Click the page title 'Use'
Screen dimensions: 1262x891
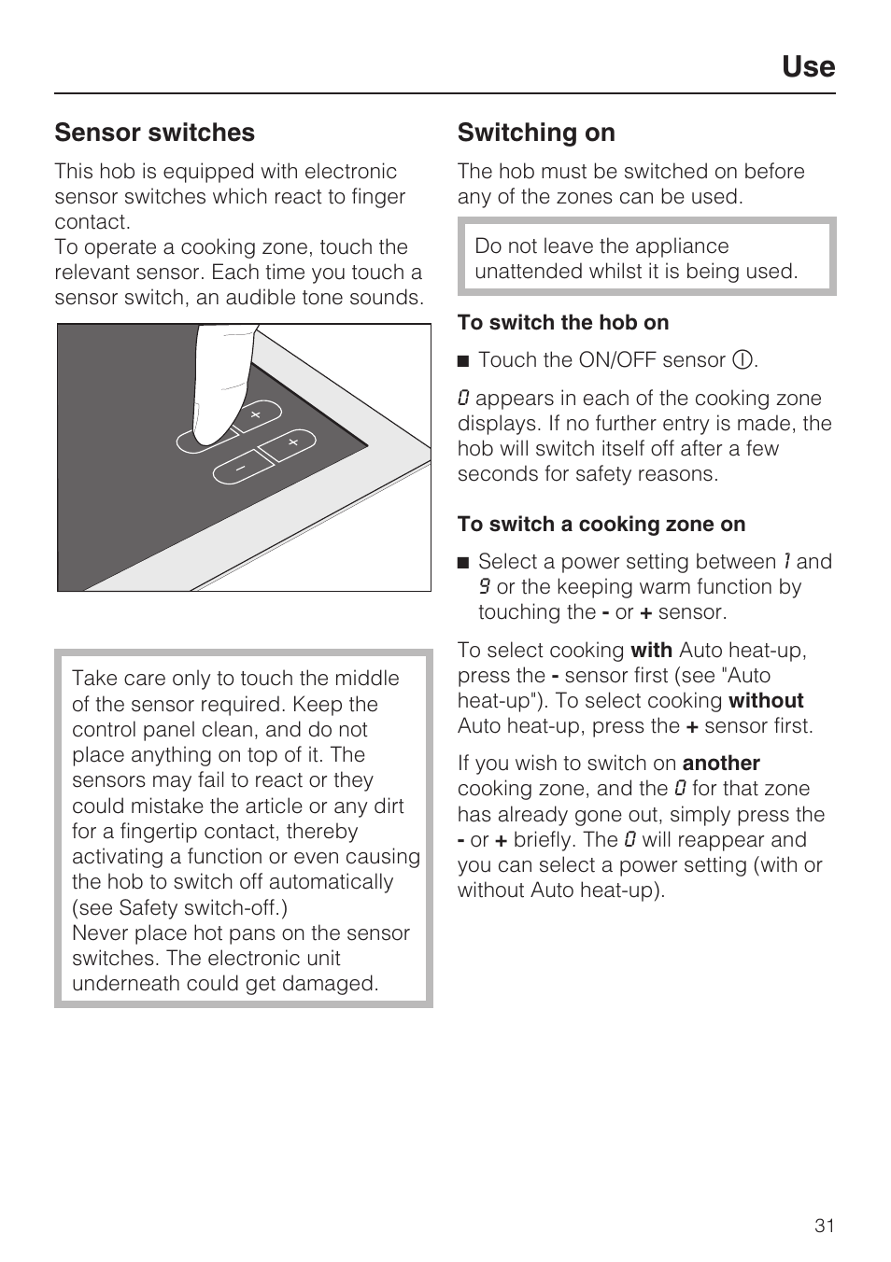808,66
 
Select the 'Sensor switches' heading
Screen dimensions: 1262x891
154,133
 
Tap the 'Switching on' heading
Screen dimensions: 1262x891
536,133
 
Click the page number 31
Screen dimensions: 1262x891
824,1226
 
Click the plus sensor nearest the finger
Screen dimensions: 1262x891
254,414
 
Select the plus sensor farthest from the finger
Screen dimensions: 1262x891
292,442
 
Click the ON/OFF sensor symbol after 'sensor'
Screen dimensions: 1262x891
742,360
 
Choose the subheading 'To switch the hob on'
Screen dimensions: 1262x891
563,322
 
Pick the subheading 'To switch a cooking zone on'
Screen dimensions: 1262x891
601,524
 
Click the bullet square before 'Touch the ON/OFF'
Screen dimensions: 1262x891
462,361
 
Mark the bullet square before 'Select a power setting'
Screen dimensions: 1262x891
462,563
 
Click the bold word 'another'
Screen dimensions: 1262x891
721,763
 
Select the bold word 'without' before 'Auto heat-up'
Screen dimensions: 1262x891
766,700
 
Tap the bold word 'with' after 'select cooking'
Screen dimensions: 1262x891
651,650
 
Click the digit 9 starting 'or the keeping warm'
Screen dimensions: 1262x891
485,587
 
